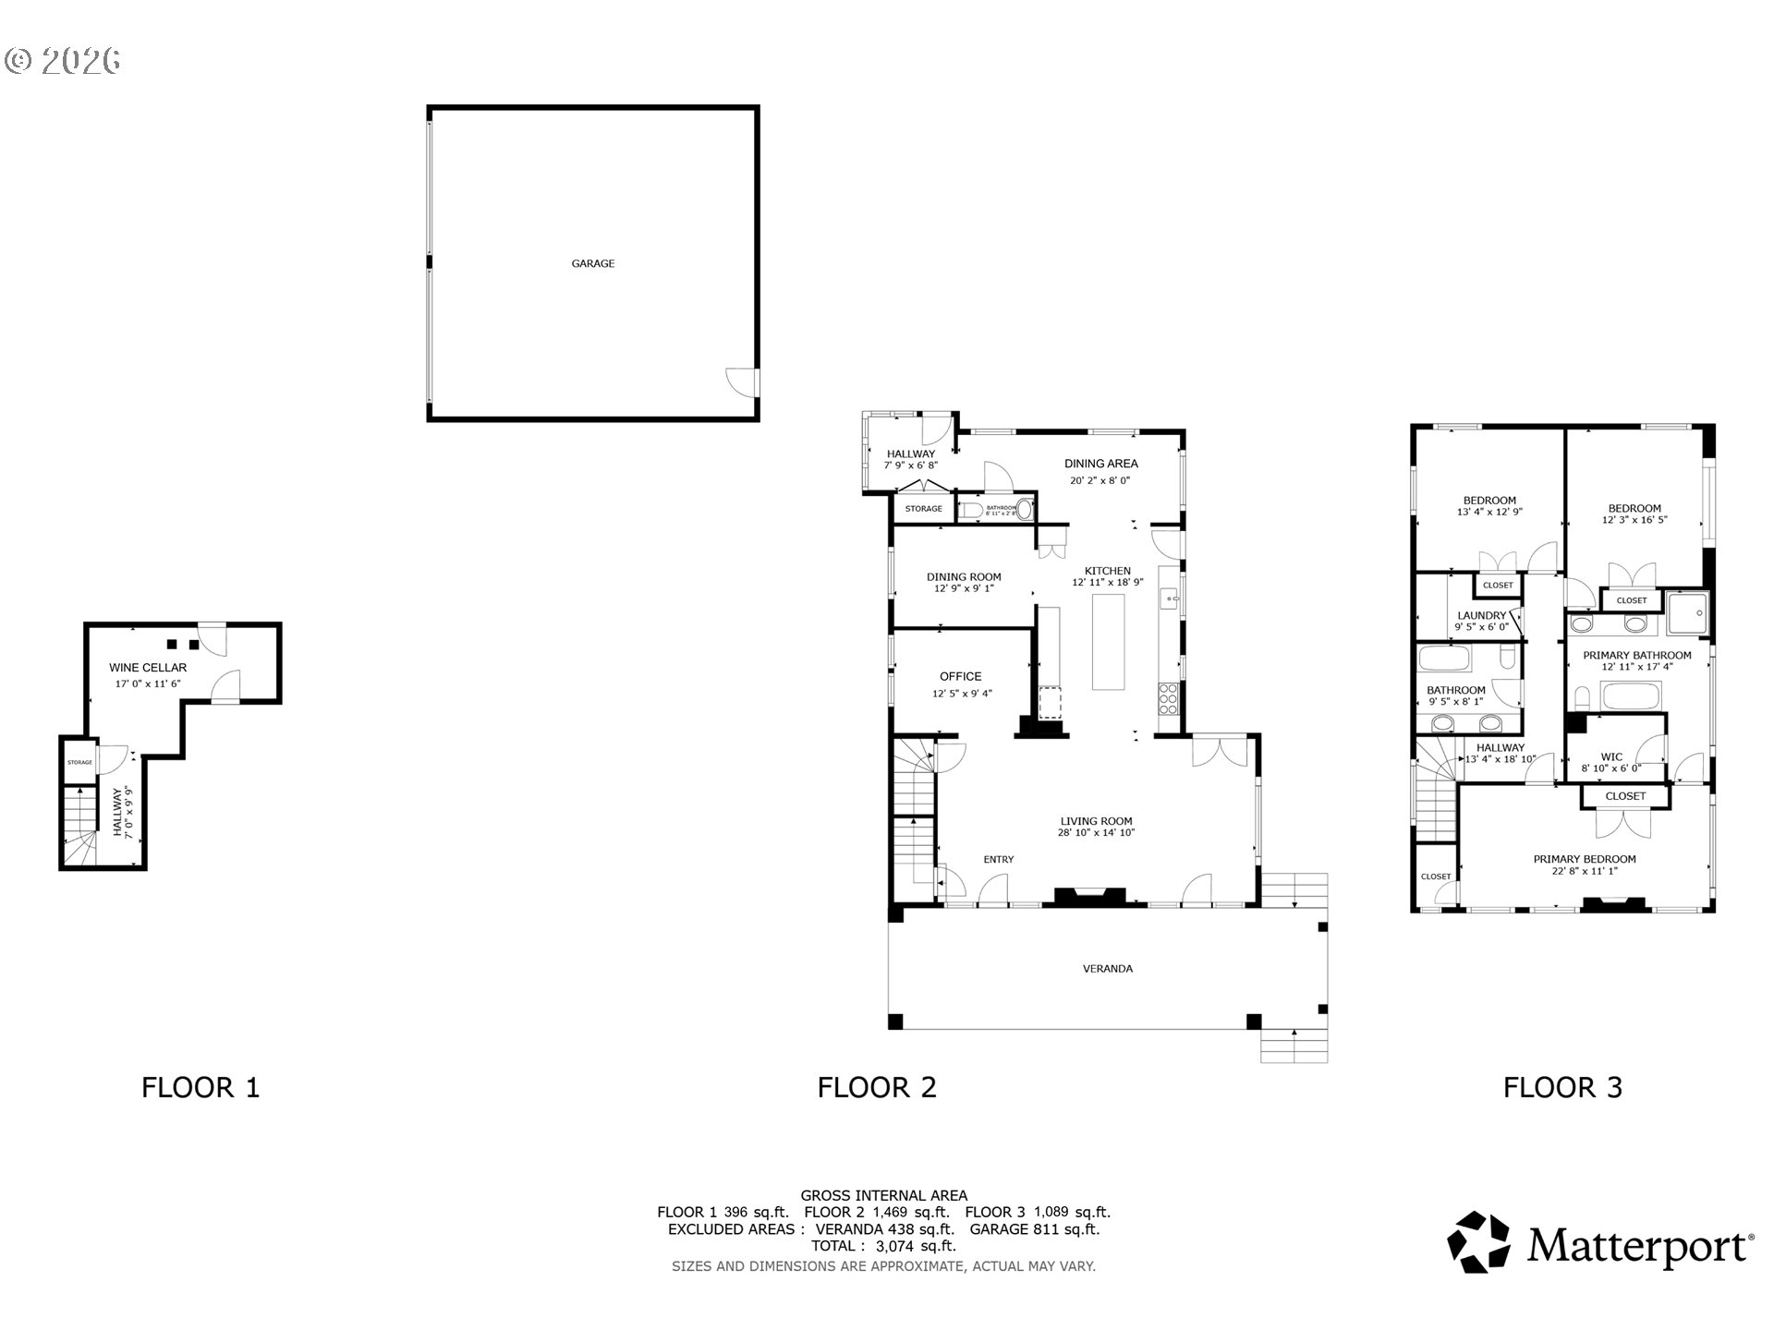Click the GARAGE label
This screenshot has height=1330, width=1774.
[592, 263]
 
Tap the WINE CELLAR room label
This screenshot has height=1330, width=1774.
[148, 667]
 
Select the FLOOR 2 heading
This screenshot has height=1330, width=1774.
[876, 1087]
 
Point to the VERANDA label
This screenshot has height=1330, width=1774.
[1107, 969]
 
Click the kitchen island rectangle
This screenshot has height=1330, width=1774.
[1108, 642]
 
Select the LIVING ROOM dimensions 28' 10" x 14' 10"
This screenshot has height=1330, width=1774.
[1096, 833]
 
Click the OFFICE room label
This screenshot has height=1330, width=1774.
[960, 676]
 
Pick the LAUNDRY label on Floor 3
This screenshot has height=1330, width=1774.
[1481, 615]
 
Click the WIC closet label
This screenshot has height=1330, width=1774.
[1611, 756]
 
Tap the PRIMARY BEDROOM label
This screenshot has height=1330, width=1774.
[1584, 859]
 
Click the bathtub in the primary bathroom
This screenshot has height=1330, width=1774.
[1631, 695]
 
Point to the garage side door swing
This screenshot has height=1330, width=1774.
[740, 381]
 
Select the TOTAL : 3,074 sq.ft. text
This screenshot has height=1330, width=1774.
[883, 1246]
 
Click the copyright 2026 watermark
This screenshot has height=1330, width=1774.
[63, 61]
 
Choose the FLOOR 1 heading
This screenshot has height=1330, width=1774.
[200, 1087]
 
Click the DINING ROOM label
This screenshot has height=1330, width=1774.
[964, 576]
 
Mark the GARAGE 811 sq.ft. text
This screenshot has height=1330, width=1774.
[1034, 1229]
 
